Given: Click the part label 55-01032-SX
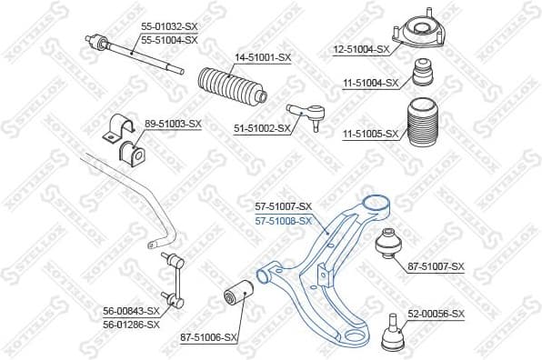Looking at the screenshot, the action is click(x=168, y=29).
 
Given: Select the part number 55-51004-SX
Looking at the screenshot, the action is click(x=168, y=40).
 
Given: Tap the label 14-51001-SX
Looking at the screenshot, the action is click(x=263, y=59).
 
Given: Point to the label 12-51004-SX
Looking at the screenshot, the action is click(x=362, y=49).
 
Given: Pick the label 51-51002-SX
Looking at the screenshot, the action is click(x=261, y=128).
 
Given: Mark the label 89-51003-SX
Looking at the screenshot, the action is click(x=173, y=123).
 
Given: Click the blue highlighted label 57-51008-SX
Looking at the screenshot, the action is click(x=284, y=220).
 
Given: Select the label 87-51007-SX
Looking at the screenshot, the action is click(x=437, y=266).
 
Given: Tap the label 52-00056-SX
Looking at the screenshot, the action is click(x=436, y=314).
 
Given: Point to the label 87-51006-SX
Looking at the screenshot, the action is click(x=209, y=337).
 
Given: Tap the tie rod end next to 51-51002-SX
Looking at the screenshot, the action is click(x=306, y=115).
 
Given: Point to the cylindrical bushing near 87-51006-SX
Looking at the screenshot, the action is click(x=237, y=295).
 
